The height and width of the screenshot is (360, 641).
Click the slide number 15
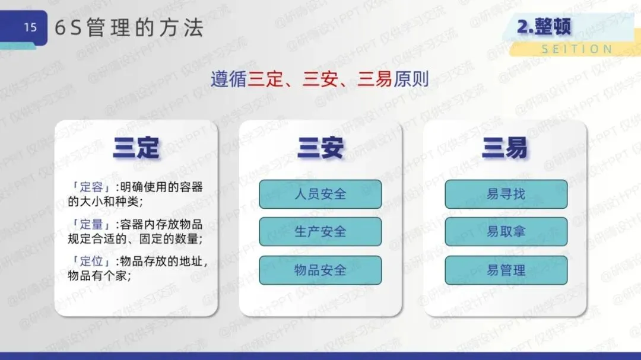(30, 27)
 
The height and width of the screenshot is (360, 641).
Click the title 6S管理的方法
(129, 28)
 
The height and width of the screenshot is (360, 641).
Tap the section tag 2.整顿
(544, 27)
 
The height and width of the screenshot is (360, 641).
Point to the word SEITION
(577, 49)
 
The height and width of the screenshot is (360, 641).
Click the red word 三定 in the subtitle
(265, 79)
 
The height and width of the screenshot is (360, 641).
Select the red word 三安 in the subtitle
(320, 79)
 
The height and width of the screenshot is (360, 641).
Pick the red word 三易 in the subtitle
(375, 79)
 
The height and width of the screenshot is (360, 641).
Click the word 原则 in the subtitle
(411, 79)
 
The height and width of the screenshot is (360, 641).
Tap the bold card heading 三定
(136, 148)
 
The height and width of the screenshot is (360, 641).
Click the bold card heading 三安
(320, 148)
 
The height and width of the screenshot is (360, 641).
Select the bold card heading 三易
(505, 148)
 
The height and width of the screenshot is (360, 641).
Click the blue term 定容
(91, 187)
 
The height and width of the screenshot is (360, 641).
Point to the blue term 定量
(91, 224)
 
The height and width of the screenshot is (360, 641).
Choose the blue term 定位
(91, 261)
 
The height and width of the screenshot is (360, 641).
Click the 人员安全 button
(320, 194)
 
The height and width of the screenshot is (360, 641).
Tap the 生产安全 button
(320, 232)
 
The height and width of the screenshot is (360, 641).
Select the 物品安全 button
(320, 270)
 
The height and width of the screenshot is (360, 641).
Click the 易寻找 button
(506, 194)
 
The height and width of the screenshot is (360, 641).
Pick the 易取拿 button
(506, 232)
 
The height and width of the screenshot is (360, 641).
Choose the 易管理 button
(506, 270)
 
